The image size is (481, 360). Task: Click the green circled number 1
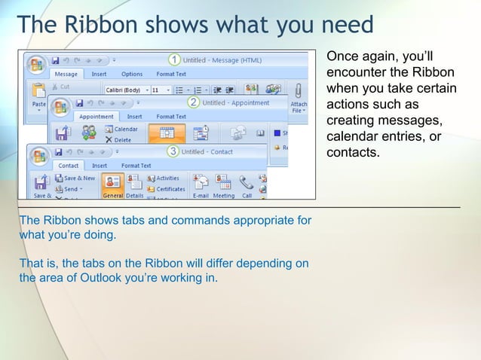174,59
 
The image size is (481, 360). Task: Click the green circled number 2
194,102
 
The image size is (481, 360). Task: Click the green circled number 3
173,151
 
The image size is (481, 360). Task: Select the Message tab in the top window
66,75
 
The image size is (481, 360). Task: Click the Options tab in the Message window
132,75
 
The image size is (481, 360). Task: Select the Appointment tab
97,117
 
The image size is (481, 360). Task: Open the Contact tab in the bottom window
69,166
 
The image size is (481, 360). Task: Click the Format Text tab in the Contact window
136,166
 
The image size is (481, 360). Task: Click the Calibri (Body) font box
125,90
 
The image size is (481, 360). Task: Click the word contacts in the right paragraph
352,153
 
